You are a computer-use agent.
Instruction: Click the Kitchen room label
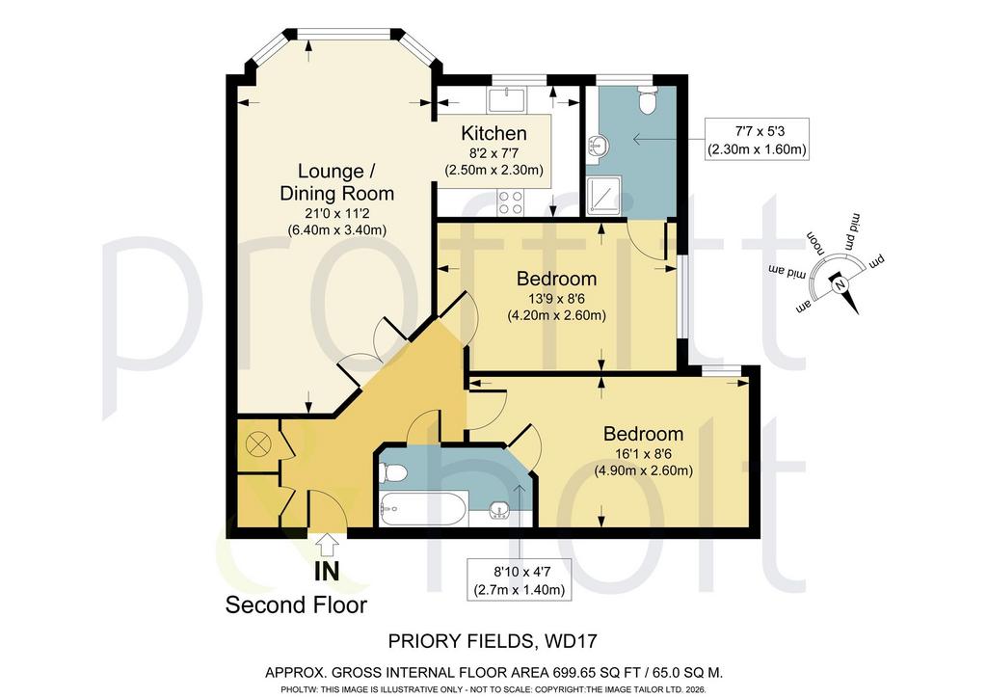click(493, 133)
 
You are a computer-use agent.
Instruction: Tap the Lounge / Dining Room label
click(336, 182)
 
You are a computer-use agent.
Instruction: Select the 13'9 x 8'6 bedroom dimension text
click(556, 298)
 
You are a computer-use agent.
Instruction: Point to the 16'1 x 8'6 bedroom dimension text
click(643, 453)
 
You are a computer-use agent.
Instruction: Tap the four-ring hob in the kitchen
click(511, 202)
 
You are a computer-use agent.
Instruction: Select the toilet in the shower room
click(648, 100)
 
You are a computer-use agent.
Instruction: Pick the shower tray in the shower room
click(604, 196)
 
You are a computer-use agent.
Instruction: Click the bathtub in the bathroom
click(423, 509)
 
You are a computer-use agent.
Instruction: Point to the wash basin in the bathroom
click(499, 509)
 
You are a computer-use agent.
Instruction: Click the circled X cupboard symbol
click(257, 445)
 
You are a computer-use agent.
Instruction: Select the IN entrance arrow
click(326, 545)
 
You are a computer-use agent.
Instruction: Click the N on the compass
click(839, 285)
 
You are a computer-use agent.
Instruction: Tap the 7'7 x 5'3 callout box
click(758, 139)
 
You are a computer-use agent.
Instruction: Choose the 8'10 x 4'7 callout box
click(519, 579)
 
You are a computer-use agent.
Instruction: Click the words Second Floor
click(296, 604)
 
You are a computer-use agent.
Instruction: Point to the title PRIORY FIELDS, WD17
click(493, 641)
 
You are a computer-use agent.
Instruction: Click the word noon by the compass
click(816, 240)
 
